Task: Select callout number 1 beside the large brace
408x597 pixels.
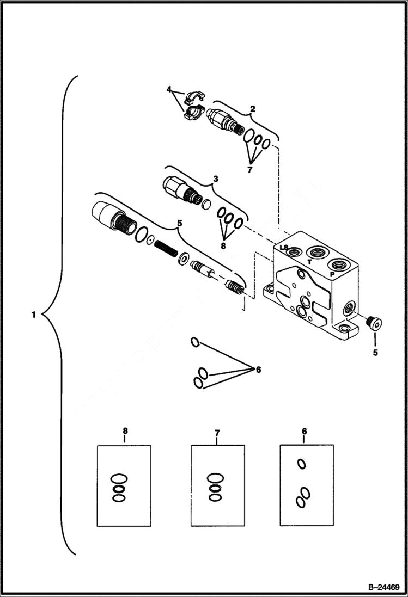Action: point(34,315)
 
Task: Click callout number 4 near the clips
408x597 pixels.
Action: point(169,89)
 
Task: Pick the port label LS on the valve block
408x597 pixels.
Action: point(284,248)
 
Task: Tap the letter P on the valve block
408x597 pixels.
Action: point(332,275)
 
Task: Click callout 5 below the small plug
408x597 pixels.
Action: point(375,352)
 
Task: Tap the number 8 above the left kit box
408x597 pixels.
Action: point(125,431)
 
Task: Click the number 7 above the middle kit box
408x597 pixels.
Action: point(217,433)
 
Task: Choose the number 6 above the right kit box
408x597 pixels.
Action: point(304,431)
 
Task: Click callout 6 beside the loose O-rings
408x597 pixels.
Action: point(258,370)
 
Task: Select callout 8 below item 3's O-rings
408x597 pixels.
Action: point(222,245)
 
